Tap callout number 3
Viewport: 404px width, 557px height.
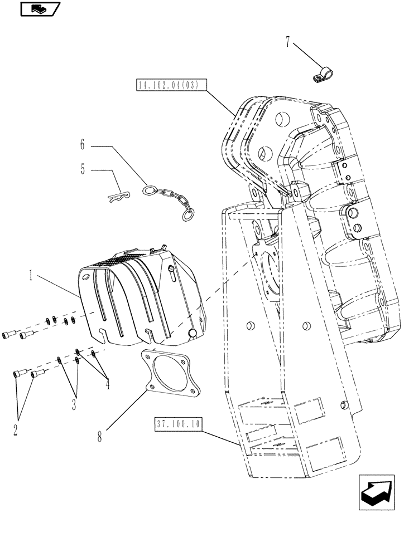pyautogui.click(x=73, y=405)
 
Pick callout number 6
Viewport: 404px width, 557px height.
pyautogui.click(x=83, y=146)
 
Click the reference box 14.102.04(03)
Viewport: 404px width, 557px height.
pyautogui.click(x=171, y=85)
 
